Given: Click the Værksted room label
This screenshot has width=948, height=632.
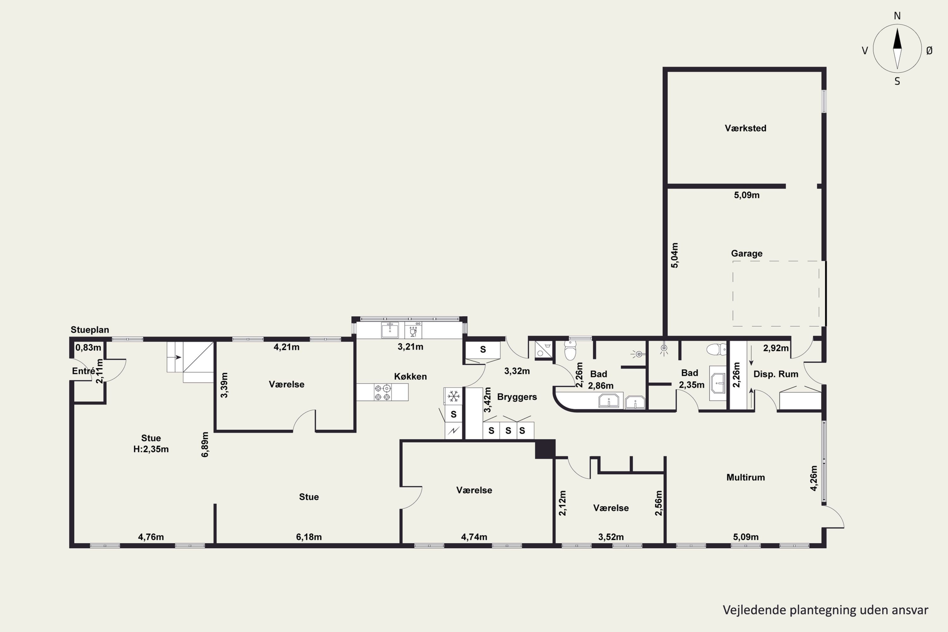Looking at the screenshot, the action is [x=745, y=128].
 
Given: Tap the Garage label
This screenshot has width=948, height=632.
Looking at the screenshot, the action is [x=746, y=253].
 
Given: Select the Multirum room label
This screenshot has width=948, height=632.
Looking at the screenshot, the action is [x=745, y=477].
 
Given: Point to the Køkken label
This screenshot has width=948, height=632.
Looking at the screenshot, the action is [x=410, y=376].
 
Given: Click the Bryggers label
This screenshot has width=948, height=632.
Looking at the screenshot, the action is [x=517, y=397].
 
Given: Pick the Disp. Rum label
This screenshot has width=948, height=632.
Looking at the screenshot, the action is [x=776, y=374].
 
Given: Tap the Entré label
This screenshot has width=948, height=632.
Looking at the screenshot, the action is [x=84, y=371].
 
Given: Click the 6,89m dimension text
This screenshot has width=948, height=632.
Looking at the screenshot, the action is [x=205, y=445].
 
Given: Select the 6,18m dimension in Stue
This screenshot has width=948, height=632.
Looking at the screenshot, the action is [x=309, y=537].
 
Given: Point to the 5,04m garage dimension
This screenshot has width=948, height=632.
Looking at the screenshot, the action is [x=675, y=255].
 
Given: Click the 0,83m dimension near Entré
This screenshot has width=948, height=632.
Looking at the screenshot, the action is [x=88, y=347].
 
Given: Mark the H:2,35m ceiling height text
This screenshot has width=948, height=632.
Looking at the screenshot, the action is [x=151, y=449].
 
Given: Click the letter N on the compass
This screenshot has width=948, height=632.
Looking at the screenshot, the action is [x=897, y=16].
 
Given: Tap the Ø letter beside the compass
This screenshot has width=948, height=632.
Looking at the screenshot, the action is [x=929, y=50].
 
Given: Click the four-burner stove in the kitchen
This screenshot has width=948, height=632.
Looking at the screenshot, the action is [x=382, y=392].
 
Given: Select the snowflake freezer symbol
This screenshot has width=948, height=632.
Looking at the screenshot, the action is [x=453, y=396].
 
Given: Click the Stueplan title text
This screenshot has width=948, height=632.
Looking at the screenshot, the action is [x=90, y=330].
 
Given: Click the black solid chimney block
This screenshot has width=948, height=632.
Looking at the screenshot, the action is [x=545, y=449].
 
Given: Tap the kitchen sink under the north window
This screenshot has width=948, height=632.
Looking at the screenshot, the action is [x=390, y=330].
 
